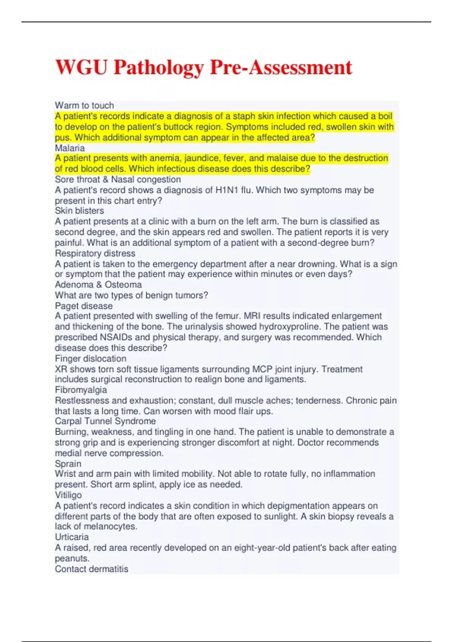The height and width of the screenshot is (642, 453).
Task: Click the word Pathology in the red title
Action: click(159, 68)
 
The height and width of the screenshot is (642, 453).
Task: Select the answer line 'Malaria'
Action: click(70, 148)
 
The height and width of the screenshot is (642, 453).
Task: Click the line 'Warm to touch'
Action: click(84, 105)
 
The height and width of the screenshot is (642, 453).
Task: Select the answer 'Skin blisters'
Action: click(79, 211)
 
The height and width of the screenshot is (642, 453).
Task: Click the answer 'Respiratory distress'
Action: click(95, 253)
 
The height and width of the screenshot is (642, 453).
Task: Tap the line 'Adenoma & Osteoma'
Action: click(98, 285)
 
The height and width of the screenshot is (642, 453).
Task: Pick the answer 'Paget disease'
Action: click(84, 306)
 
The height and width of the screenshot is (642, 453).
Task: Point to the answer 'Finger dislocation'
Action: click(91, 358)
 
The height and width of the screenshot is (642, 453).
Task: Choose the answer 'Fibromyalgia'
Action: click(81, 390)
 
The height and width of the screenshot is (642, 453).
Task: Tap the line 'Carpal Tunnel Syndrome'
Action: click(105, 421)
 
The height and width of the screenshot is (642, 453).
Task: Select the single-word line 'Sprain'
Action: click(68, 464)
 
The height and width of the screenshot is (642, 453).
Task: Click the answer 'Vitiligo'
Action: click(68, 495)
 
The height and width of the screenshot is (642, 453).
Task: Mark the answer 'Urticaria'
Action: click(72, 537)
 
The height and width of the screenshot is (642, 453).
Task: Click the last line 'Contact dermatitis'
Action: click(91, 569)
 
